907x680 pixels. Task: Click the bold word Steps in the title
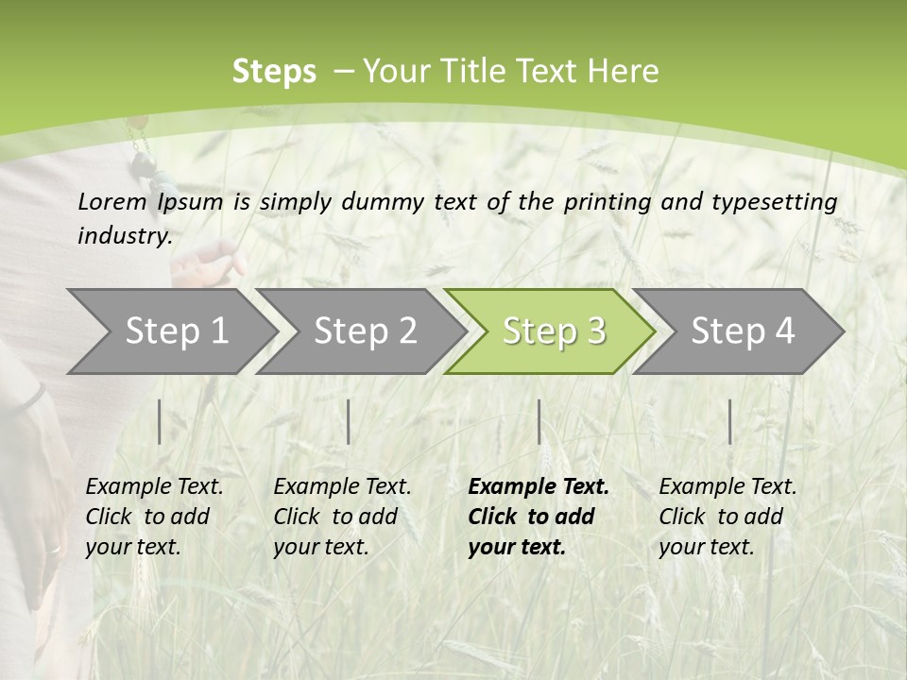point(274,72)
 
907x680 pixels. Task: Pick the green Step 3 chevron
point(553,331)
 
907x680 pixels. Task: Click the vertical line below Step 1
point(160,421)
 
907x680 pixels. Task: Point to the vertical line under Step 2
point(349,421)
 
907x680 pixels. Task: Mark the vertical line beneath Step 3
point(539,421)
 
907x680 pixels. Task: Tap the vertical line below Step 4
point(730,421)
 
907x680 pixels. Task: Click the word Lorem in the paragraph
point(112,201)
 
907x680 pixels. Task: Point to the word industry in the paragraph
point(124,235)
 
